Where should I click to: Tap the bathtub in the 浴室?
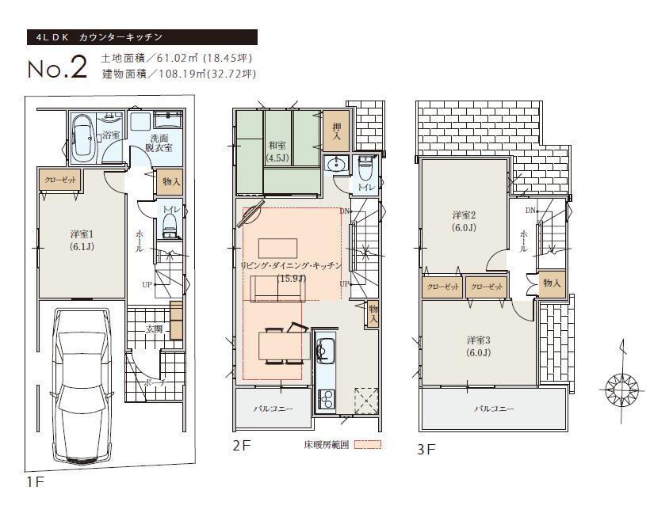click(x=83, y=135)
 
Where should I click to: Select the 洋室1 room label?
click(x=81, y=240)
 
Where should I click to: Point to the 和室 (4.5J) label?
click(x=277, y=150)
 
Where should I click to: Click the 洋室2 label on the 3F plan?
click(x=465, y=221)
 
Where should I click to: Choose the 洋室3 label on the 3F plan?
click(x=477, y=346)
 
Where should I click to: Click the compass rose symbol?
click(x=621, y=388)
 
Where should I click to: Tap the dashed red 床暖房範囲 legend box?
click(x=368, y=445)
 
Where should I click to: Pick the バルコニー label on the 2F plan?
click(x=273, y=409)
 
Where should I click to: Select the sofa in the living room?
click(x=277, y=291)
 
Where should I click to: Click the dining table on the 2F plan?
click(x=283, y=345)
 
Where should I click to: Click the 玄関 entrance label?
click(x=155, y=328)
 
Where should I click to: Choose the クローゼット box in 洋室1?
click(x=60, y=180)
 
